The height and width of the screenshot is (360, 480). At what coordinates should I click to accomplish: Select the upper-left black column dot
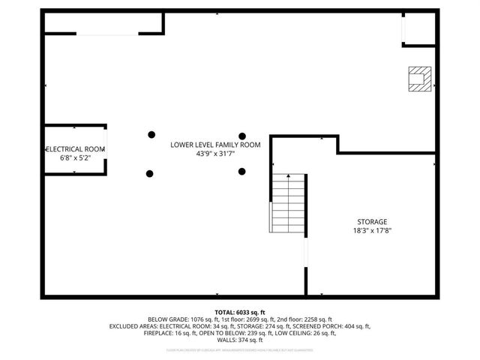pos(150,134)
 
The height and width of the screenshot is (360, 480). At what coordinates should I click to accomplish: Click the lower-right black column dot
pos(241,172)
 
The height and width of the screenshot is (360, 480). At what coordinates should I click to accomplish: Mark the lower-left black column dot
pos(150,173)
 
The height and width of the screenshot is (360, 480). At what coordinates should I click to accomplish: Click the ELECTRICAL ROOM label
pos(76,149)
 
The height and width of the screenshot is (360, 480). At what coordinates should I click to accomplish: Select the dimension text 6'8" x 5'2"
pos(76,158)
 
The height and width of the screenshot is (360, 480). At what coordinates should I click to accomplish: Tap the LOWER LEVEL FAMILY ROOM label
pos(215,144)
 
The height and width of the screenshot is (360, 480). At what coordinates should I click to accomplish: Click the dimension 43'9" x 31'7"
pos(215,154)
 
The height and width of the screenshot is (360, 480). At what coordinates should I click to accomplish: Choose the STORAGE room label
pos(372,221)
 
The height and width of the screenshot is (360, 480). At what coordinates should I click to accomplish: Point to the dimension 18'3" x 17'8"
pos(372,231)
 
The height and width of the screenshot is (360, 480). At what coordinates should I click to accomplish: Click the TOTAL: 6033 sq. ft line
pos(240,311)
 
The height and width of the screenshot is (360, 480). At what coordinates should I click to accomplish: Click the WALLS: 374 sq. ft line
pos(240,340)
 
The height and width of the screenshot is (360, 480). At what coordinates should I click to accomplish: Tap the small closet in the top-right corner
pos(418,28)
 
